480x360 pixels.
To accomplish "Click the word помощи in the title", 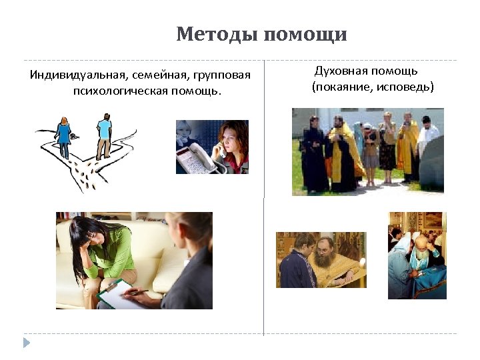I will tap(305, 34).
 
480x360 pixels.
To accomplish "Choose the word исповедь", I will tap(407, 87).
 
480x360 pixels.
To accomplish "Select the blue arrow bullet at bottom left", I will tap(27, 343).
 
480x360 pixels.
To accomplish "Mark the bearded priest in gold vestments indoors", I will tap(327, 260).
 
